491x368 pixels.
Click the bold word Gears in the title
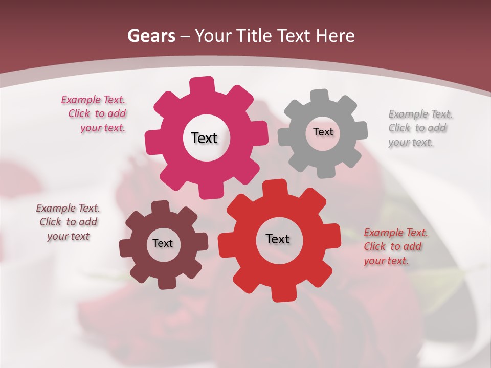[151, 36]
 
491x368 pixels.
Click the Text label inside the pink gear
[204, 138]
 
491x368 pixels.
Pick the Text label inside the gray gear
[323, 132]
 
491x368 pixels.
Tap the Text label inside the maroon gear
[163, 243]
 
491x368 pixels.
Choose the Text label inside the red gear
[278, 239]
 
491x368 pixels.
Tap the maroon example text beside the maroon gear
[68, 222]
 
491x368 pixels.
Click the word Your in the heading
[214, 36]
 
